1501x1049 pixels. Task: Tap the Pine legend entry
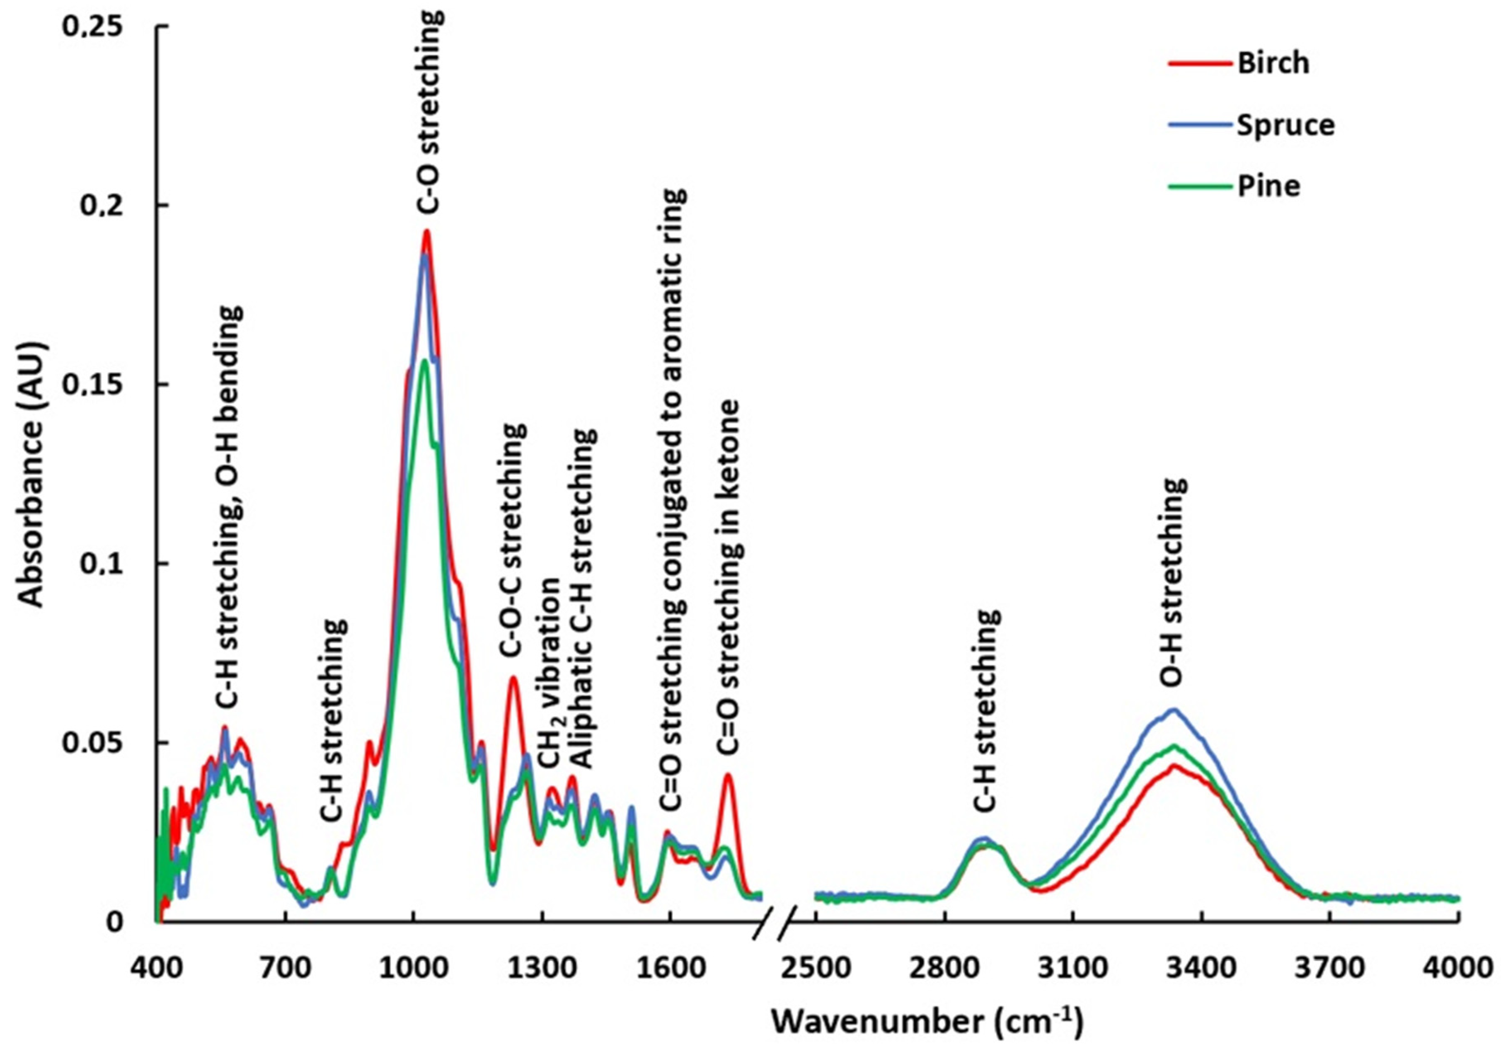1268,187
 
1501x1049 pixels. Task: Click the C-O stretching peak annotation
429,111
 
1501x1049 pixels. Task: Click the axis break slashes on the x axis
775,922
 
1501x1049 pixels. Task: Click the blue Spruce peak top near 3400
1174,710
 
